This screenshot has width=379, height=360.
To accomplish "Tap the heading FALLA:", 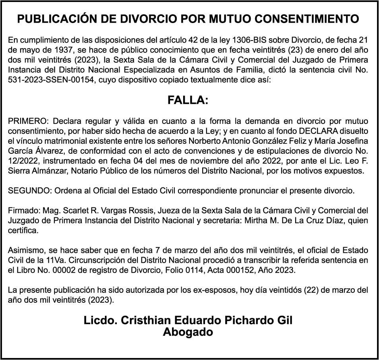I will click(188, 101).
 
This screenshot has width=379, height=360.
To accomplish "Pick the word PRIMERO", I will click(27, 121).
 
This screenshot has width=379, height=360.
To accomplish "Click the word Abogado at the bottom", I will click(188, 332).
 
